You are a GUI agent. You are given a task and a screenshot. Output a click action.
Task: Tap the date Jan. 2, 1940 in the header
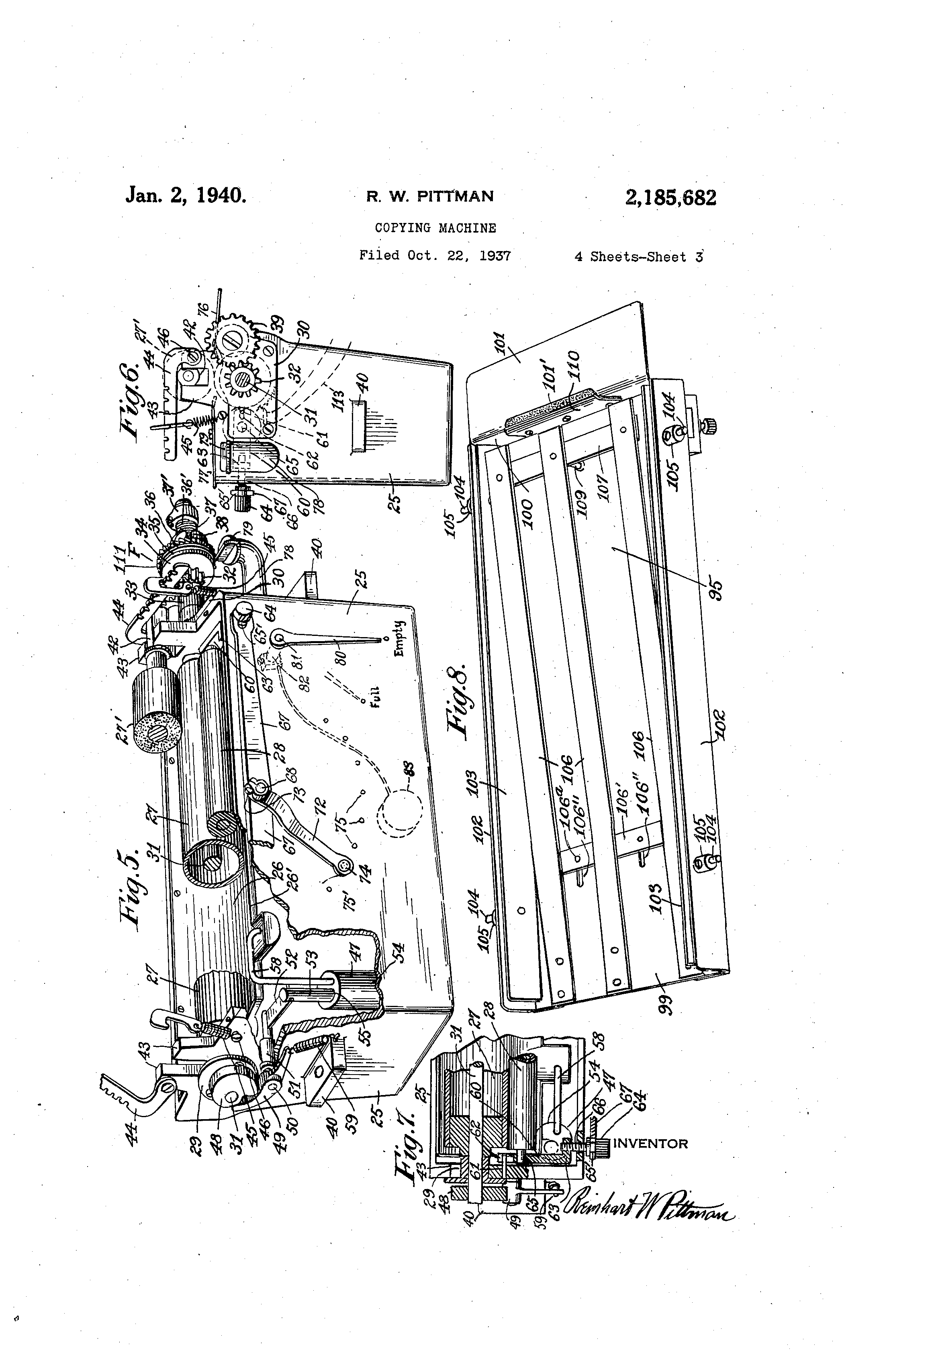[186, 195]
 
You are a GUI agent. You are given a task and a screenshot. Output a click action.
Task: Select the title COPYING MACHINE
[435, 228]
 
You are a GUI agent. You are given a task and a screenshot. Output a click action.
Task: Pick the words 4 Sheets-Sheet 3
[639, 257]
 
